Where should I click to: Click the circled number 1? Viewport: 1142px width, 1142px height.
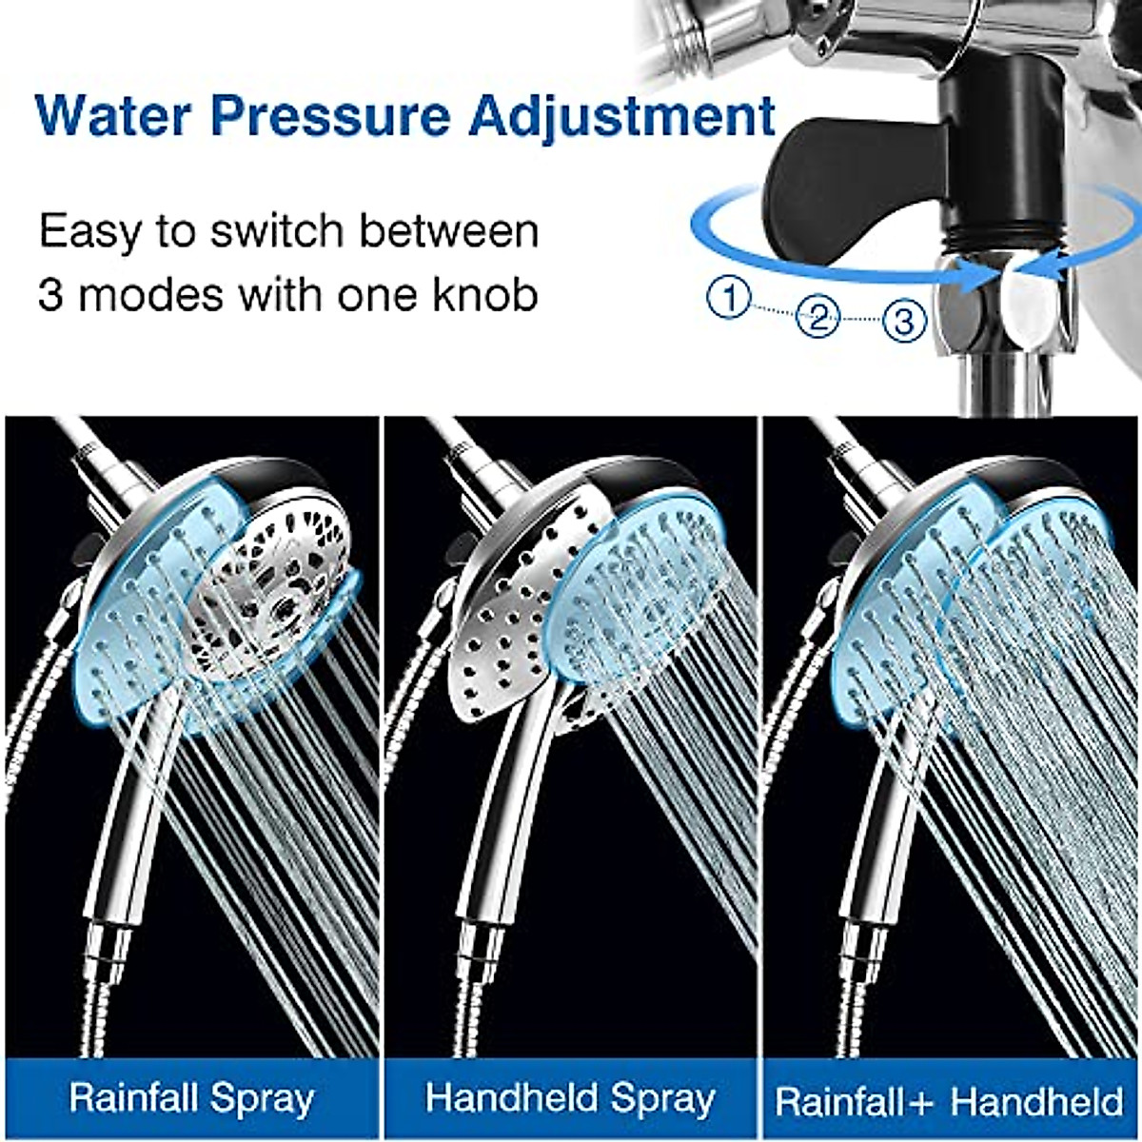[730, 299]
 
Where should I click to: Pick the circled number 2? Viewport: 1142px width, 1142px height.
[817, 317]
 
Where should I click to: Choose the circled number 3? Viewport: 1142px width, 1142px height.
[903, 320]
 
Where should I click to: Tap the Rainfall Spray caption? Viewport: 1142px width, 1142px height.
[191, 1098]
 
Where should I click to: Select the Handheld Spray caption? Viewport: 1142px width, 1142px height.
[570, 1098]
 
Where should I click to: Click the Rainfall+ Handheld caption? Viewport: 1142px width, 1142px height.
[949, 1100]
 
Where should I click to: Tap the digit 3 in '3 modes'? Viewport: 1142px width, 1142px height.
[50, 296]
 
